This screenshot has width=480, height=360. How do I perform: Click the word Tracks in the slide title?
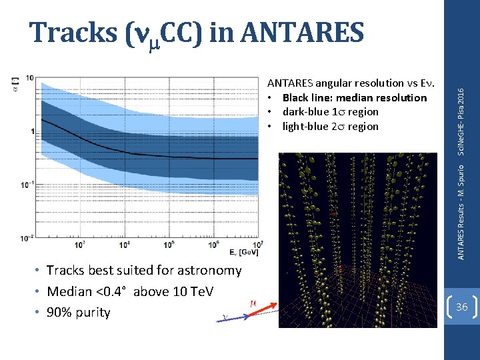[x=74, y=31]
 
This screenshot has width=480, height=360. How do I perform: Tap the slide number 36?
[x=461, y=307]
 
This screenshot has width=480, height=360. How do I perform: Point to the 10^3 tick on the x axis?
[x=79, y=245]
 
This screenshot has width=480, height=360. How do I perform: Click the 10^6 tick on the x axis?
[x=213, y=245]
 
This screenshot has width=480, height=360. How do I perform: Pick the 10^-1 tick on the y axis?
[x=27, y=185]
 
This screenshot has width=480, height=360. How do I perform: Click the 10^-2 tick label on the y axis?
[x=27, y=237]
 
